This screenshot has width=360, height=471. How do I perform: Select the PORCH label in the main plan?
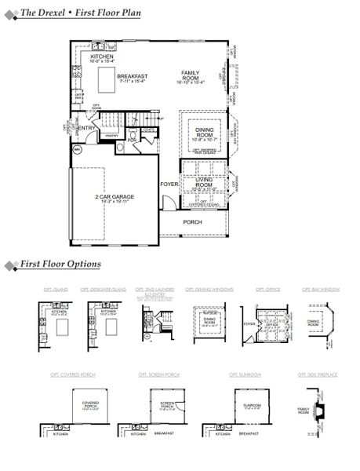coord(192,222)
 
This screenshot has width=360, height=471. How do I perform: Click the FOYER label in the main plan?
coord(169,184)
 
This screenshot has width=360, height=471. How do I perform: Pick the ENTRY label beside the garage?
coord(86,128)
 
